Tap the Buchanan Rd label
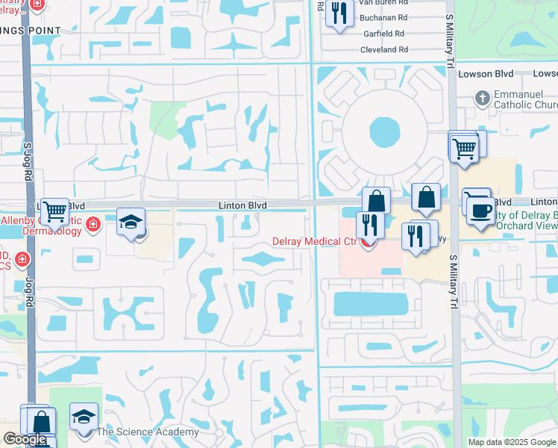(x=382, y=17)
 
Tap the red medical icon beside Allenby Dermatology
(x=93, y=224)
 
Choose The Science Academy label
(x=148, y=432)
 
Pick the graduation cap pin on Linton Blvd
(x=131, y=223)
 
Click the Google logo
(x=25, y=439)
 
